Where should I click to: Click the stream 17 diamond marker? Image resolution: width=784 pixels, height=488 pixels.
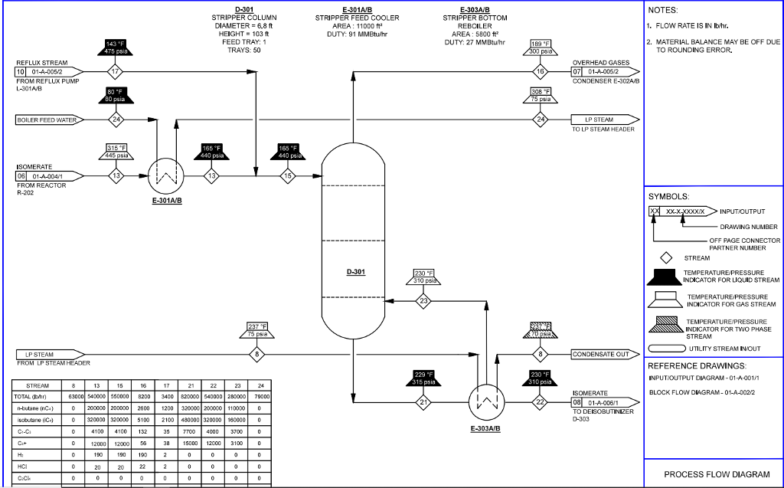coord(116,72)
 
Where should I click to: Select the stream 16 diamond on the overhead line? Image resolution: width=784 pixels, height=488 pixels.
coord(541,72)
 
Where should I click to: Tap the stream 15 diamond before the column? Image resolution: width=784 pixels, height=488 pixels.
coord(288,175)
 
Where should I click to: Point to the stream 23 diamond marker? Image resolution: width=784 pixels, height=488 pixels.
coord(424,301)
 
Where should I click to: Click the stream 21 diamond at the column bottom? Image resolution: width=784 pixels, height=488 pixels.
coord(423,401)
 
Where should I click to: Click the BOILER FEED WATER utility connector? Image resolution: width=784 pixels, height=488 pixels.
coord(47,120)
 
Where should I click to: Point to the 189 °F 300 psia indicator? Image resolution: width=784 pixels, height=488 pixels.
coord(541,47)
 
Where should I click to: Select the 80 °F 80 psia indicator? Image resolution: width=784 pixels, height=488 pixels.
coord(116,95)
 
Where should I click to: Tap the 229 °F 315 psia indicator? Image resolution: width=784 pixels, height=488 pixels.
coord(423,378)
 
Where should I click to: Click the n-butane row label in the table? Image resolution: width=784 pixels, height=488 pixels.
coord(37,410)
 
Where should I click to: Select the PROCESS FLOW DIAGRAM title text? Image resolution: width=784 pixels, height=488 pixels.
coord(712,474)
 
